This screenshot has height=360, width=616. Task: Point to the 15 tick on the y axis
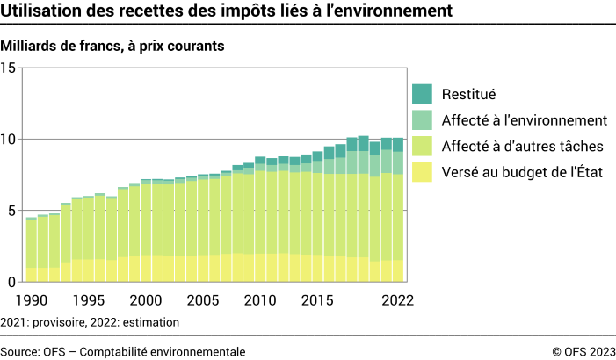tap(10, 68)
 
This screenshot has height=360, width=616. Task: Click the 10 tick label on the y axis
tap(10, 140)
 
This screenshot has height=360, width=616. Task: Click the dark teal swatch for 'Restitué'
tap(422, 93)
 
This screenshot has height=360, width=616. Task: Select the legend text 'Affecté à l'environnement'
tap(525, 119)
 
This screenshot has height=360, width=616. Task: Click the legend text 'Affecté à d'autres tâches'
tap(522, 146)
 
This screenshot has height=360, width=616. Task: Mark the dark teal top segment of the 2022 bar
tap(397, 145)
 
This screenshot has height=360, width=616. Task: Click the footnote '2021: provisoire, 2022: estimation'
tap(91, 322)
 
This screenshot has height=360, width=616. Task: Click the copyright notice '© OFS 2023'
tap(583, 351)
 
